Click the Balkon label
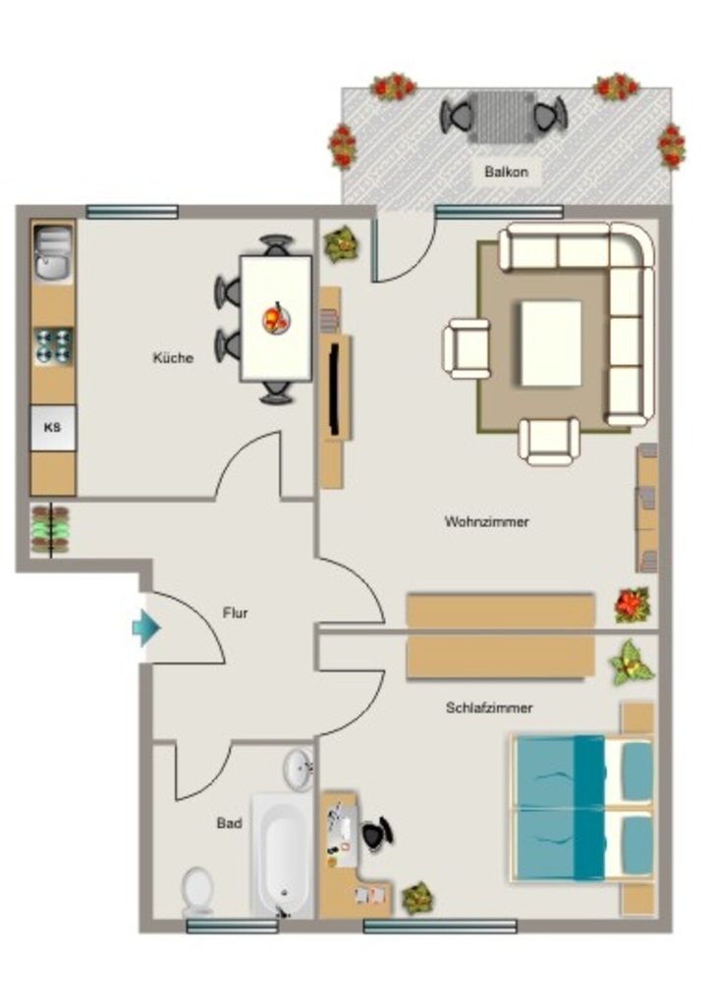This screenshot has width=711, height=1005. point(506,172)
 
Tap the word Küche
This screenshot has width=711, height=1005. point(173,357)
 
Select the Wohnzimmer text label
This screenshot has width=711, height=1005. point(487,522)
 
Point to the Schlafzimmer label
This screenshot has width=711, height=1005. point(489,708)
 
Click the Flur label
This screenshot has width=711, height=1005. point(236,612)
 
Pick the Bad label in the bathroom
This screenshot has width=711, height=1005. point(229,823)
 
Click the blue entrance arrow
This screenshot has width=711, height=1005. point(146,627)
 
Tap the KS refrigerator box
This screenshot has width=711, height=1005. point(53,427)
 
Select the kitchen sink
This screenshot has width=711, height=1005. point(53,253)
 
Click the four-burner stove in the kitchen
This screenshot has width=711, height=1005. point(53,346)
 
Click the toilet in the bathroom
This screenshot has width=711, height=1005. point(197,892)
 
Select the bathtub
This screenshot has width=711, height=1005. point(282,856)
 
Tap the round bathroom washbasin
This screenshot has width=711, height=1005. point(299,769)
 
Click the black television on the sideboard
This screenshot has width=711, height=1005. point(334,388)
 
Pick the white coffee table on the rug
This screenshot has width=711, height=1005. point(551,344)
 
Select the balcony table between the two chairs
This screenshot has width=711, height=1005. point(502,118)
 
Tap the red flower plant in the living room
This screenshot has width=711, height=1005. point(632,605)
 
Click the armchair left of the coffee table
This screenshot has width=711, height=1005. point(466,348)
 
